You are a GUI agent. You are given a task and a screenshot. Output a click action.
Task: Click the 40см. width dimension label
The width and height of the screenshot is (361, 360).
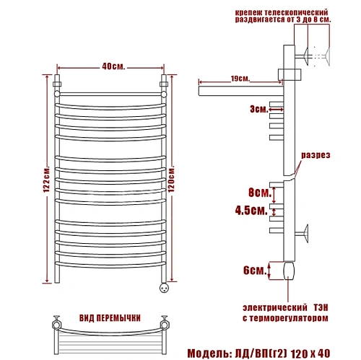[x=113, y=66]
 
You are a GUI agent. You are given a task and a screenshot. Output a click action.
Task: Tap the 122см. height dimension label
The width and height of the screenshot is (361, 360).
[x=47, y=179]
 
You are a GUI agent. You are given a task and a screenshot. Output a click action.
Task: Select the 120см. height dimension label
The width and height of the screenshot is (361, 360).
[x=171, y=179]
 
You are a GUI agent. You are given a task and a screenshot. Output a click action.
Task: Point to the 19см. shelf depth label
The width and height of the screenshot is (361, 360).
[x=240, y=79]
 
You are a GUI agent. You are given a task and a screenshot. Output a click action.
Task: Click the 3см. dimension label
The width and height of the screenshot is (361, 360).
[x=258, y=109]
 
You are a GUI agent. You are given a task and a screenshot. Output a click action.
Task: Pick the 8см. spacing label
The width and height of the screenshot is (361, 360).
[x=260, y=193]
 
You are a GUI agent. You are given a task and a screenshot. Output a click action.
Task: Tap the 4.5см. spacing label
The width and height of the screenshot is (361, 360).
[x=251, y=211]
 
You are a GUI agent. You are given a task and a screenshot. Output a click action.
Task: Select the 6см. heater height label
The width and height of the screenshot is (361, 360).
[x=255, y=271]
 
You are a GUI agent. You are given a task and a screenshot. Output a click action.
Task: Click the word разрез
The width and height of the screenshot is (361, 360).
[x=316, y=155]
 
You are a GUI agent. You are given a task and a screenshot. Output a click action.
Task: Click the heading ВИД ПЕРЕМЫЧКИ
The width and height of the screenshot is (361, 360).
[x=110, y=318]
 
